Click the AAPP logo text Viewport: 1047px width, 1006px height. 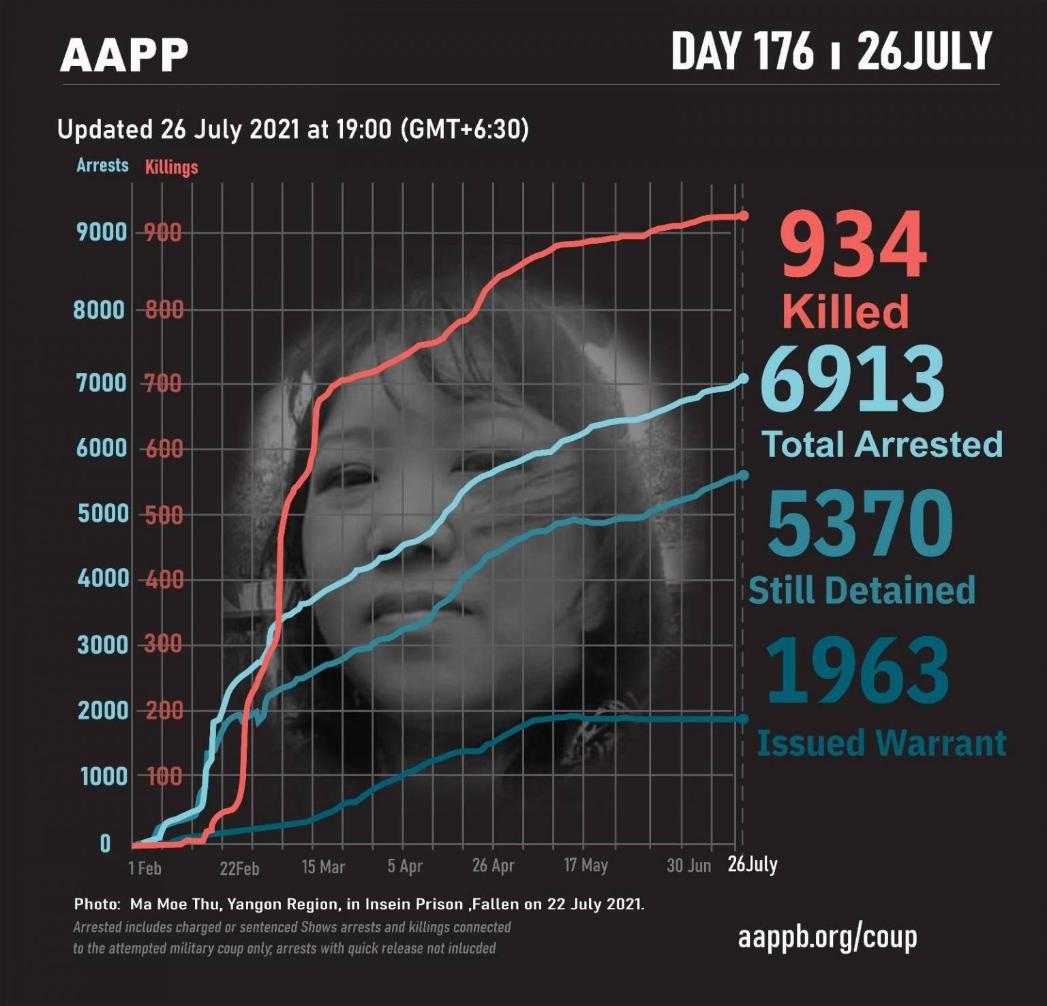pyautogui.click(x=124, y=55)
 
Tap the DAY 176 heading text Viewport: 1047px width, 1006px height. pyautogui.click(x=742, y=51)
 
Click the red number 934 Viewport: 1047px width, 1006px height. pyautogui.click(x=853, y=245)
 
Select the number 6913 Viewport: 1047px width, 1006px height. pyautogui.click(x=852, y=379)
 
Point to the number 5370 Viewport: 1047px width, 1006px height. pyautogui.click(x=860, y=523)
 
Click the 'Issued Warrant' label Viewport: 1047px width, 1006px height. pyautogui.click(x=881, y=743)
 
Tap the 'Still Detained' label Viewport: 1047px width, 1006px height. pyautogui.click(x=862, y=591)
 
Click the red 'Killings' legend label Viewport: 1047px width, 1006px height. pyautogui.click(x=171, y=168)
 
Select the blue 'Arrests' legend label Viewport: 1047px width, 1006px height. pyautogui.click(x=102, y=166)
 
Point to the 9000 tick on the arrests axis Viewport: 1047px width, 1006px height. pyautogui.click(x=102, y=233)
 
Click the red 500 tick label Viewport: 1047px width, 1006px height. pyautogui.click(x=164, y=515)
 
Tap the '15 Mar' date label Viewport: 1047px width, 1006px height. pyautogui.click(x=323, y=867)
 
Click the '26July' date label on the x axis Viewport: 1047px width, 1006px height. pyautogui.click(x=752, y=864)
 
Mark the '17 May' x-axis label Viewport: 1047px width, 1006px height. pyautogui.click(x=586, y=866)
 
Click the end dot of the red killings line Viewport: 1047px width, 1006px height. pyautogui.click(x=743, y=216)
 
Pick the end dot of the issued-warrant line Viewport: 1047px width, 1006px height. pyautogui.click(x=743, y=719)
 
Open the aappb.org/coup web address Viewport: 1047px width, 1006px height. pyautogui.click(x=827, y=937)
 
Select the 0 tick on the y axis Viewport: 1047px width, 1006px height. pyautogui.click(x=105, y=845)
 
